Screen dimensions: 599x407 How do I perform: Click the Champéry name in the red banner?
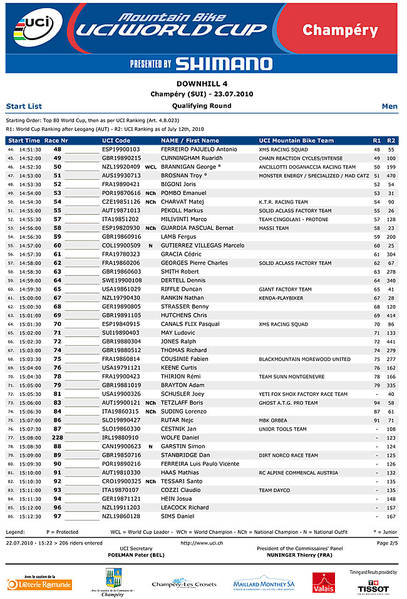click(340, 30)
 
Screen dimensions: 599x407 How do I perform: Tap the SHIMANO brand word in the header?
click(224, 63)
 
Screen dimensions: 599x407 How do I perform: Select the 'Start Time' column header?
click(24, 141)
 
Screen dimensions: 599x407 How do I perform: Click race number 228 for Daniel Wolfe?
click(57, 437)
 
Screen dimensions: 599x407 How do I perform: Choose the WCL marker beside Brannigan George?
click(150, 167)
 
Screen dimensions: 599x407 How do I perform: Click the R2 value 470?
click(391, 176)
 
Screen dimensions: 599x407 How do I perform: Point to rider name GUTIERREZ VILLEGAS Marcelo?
click(202, 246)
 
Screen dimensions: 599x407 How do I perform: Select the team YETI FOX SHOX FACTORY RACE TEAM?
click(303, 394)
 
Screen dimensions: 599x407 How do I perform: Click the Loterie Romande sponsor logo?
click(39, 585)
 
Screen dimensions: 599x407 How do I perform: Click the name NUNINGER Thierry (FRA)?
click(299, 555)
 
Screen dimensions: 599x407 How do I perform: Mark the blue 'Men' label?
click(389, 107)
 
